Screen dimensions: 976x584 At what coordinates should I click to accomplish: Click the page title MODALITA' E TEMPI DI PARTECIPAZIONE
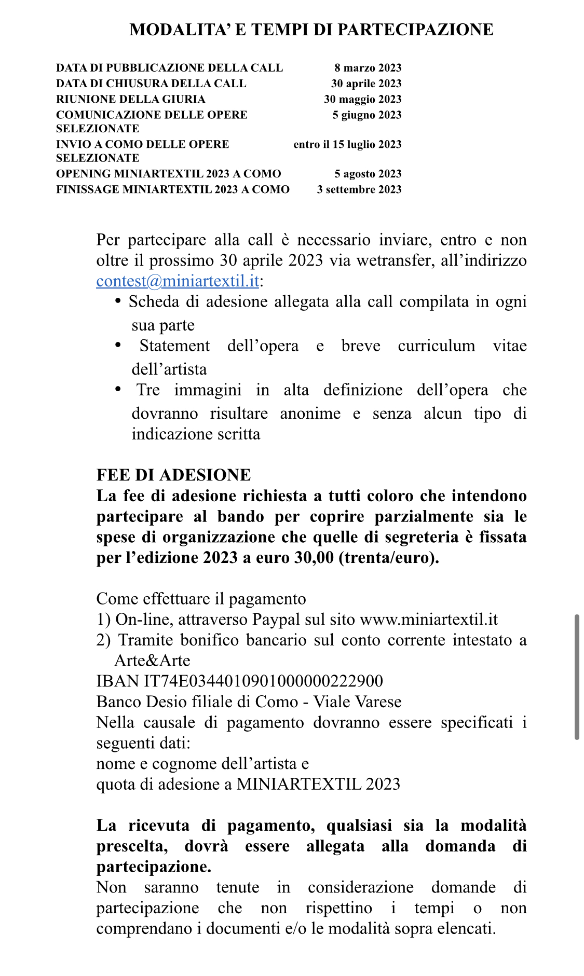(311, 30)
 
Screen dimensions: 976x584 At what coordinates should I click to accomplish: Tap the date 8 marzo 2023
(368, 68)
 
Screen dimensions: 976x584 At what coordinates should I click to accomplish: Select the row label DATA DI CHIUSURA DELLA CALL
(151, 84)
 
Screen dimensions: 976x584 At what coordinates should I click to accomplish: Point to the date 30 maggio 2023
(362, 99)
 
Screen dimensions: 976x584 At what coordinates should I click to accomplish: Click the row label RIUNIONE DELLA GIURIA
(130, 99)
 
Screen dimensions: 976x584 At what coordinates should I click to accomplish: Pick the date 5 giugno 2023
(366, 115)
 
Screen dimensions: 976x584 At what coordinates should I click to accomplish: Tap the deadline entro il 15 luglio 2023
(347, 144)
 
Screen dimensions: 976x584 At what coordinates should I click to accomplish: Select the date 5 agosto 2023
(368, 174)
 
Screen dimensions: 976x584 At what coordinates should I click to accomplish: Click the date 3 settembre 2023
(359, 189)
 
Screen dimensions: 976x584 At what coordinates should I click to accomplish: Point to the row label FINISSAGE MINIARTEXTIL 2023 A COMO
(172, 189)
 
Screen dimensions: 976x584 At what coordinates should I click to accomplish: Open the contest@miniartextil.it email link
(178, 281)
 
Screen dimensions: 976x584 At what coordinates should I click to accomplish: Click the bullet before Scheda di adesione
(118, 301)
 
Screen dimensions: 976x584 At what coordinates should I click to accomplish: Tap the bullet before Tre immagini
(118, 389)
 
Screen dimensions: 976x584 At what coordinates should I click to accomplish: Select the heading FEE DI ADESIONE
(173, 475)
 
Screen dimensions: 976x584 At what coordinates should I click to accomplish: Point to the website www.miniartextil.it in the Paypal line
(428, 620)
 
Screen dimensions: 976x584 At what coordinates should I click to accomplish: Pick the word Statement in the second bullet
(174, 346)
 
